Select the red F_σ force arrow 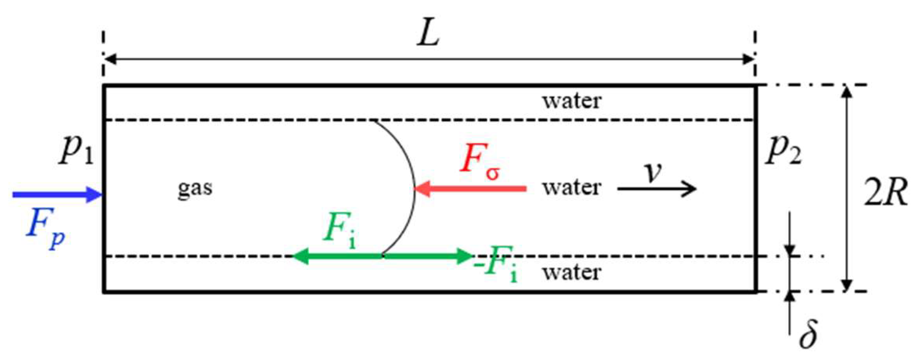click(x=470, y=189)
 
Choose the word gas click(x=195, y=188)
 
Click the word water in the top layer click(x=571, y=101)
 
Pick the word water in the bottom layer click(x=571, y=272)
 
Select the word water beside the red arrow click(x=571, y=187)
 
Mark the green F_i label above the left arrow click(x=339, y=228)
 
